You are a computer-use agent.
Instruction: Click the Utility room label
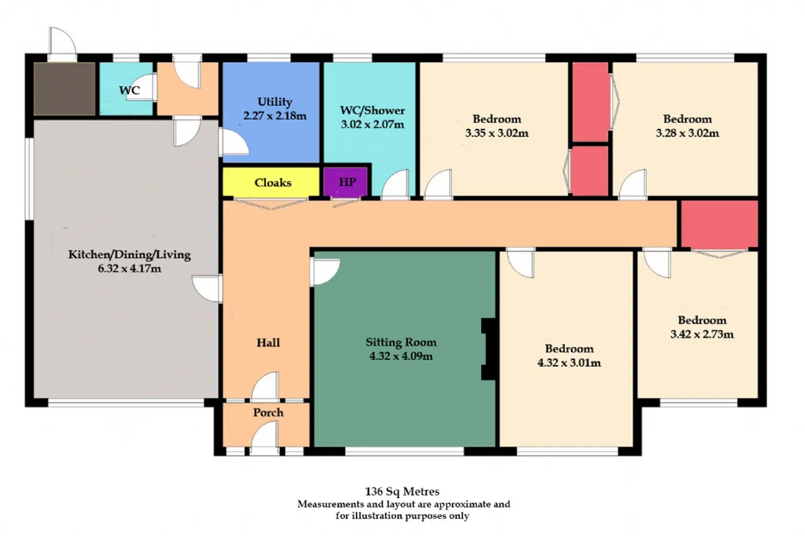(275, 102)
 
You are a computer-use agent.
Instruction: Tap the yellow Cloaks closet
(271, 182)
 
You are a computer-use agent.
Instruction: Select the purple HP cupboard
(345, 182)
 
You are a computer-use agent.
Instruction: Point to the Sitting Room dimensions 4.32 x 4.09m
(401, 356)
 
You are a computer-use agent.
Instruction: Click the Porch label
(268, 412)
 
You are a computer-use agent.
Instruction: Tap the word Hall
(268, 343)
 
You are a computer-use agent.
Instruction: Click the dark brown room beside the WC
(65, 89)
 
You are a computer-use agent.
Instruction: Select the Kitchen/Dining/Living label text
(130, 255)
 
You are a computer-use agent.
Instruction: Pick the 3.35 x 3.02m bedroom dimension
(497, 133)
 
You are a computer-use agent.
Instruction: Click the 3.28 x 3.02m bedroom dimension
(687, 133)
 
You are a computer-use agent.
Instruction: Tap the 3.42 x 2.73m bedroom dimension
(702, 334)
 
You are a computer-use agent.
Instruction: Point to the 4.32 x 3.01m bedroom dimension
(569, 363)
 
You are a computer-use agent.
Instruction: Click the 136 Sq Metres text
(402, 491)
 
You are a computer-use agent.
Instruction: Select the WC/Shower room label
(372, 110)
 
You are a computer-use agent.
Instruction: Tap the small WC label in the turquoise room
(130, 90)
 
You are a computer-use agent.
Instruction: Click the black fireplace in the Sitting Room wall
(489, 349)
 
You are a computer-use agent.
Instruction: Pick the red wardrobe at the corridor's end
(719, 224)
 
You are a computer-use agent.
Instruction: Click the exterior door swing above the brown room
(62, 42)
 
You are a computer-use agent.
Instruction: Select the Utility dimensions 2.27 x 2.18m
(275, 116)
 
